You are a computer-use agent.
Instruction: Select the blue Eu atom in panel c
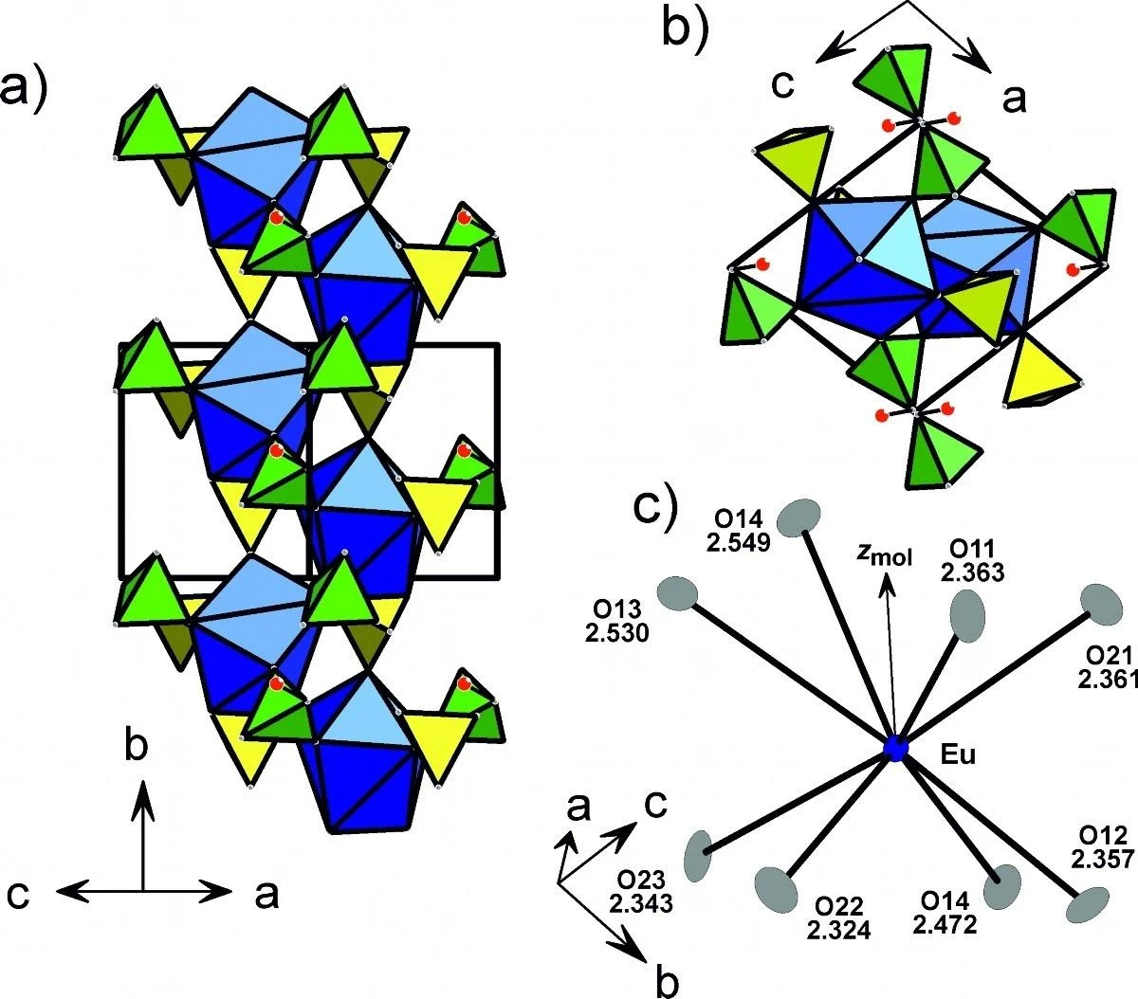pyautogui.click(x=895, y=748)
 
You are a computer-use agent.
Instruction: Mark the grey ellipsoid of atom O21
pyautogui.click(x=1100, y=604)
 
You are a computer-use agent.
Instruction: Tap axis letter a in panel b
pyautogui.click(x=1013, y=98)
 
